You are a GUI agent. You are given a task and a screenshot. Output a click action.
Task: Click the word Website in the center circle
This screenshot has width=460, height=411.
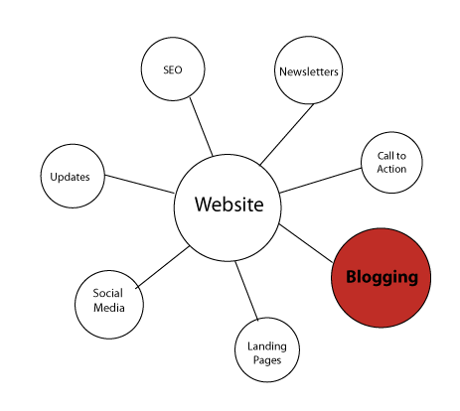(230, 204)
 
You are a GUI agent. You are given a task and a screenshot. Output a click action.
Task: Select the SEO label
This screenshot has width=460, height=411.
(173, 69)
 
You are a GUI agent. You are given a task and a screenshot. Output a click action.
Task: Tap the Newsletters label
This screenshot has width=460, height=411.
(309, 71)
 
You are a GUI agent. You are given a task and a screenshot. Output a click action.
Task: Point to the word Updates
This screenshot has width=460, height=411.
(70, 177)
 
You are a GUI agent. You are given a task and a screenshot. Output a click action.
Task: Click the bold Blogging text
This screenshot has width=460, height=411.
(382, 277)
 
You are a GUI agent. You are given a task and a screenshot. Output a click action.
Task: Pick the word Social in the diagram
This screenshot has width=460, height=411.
(107, 293)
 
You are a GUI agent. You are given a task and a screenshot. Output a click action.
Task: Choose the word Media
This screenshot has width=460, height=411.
(109, 308)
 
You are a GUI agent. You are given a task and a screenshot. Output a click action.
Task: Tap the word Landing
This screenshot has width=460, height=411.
(267, 346)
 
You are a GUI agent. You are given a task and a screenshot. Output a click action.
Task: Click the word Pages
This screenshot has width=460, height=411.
(267, 360)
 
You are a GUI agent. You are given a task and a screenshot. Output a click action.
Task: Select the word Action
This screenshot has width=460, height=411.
(391, 169)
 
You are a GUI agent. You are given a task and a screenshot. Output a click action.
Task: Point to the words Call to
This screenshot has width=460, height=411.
(391, 156)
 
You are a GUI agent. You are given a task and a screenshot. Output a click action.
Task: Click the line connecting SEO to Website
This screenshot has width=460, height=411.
(202, 127)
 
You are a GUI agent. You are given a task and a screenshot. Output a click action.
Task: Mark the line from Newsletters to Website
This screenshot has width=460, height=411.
(287, 134)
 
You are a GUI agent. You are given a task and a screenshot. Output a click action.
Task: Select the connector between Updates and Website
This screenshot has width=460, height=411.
(139, 184)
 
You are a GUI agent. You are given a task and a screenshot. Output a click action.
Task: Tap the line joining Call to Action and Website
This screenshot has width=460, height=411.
(321, 181)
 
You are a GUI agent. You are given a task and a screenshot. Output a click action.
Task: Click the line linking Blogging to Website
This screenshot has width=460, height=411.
(306, 243)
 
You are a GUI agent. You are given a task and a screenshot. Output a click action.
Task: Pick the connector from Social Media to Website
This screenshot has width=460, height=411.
(162, 267)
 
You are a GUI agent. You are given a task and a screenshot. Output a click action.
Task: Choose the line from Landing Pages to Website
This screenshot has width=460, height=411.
(246, 291)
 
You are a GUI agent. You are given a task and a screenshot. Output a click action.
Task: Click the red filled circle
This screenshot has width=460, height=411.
(382, 278)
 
